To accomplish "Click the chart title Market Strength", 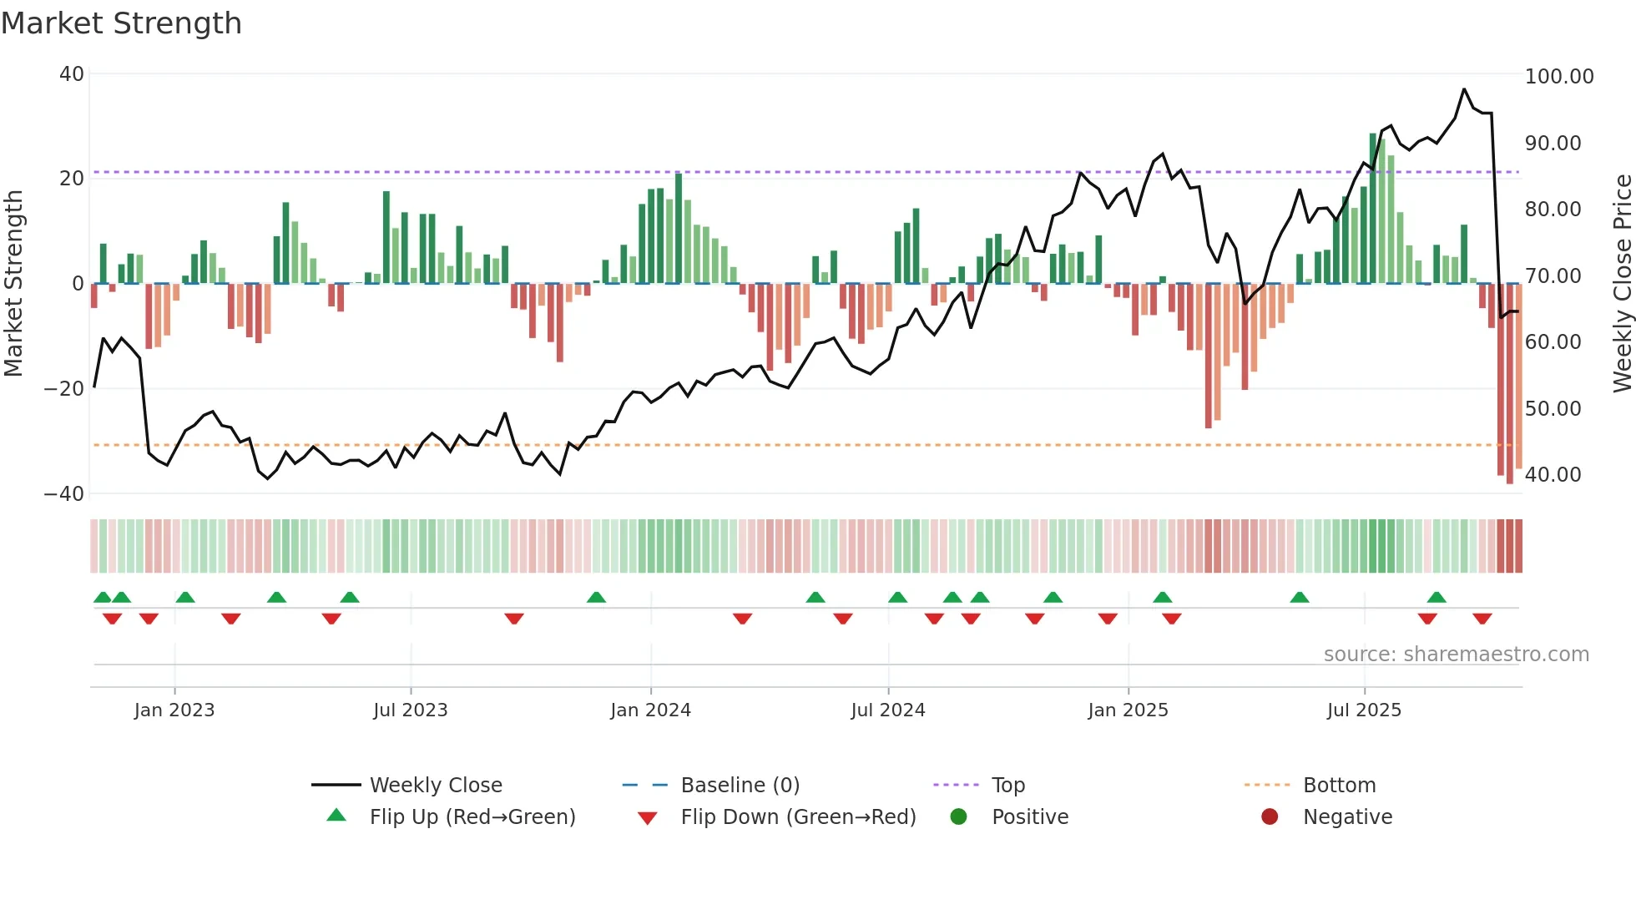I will (x=121, y=23).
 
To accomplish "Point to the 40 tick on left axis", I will (x=72, y=74).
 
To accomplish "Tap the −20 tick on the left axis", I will (x=64, y=389).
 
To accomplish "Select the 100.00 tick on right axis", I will (x=1558, y=77).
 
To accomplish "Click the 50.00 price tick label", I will (x=1553, y=409).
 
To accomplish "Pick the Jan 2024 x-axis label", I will (x=650, y=710).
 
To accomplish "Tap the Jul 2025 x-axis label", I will (x=1364, y=710).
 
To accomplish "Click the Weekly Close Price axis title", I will (x=1622, y=283).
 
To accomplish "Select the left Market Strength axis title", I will (x=14, y=283).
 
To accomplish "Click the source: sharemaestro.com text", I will (x=1456, y=655).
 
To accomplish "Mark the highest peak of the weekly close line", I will (x=1464, y=89).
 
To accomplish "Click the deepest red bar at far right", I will (x=1509, y=384).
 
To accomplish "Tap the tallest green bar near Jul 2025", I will (x=1373, y=209).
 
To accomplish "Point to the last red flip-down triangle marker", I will (x=1482, y=619).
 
